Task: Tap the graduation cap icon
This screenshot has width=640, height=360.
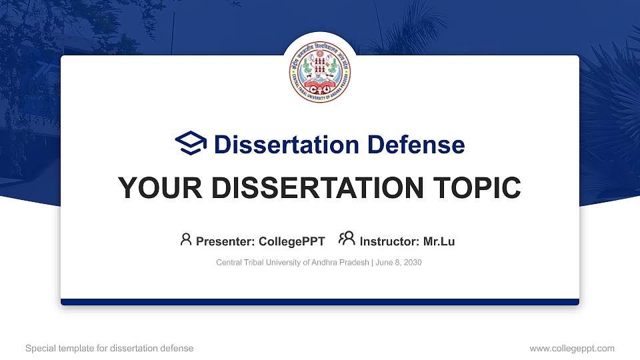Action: click(191, 144)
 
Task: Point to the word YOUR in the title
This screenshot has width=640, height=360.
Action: click(155, 189)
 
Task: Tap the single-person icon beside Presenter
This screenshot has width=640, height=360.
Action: click(186, 239)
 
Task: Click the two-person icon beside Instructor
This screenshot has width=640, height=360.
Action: click(347, 239)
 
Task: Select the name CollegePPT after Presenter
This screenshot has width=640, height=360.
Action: click(293, 241)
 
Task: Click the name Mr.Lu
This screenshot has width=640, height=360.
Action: click(439, 241)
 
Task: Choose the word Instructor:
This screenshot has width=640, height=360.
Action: click(389, 241)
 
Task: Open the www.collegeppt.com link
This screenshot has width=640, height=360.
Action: click(572, 348)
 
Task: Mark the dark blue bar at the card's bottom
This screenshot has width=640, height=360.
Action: click(320, 302)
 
